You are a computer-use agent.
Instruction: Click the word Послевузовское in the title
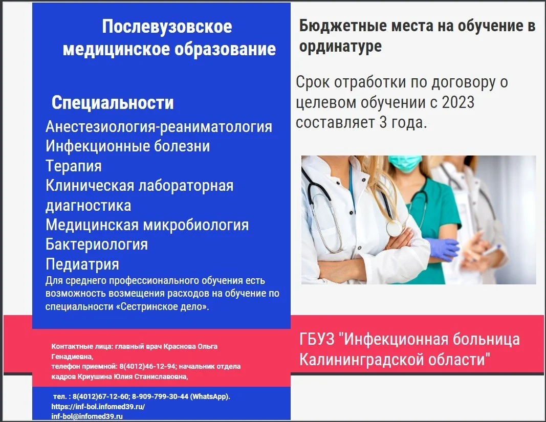(167, 27)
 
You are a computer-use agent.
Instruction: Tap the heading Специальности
(113, 103)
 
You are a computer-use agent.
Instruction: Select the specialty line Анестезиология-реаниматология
(159, 127)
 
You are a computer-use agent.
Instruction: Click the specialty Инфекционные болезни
(128, 146)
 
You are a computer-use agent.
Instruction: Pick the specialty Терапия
(74, 166)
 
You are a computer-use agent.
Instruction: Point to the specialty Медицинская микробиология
(147, 225)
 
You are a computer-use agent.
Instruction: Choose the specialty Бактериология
(97, 245)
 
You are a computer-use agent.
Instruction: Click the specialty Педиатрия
(82, 264)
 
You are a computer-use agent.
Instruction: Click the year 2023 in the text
(458, 102)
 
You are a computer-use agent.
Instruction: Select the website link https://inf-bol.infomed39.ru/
(98, 407)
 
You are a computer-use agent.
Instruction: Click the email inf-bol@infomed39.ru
(87, 416)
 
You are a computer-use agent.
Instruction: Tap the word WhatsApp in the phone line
(209, 396)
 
